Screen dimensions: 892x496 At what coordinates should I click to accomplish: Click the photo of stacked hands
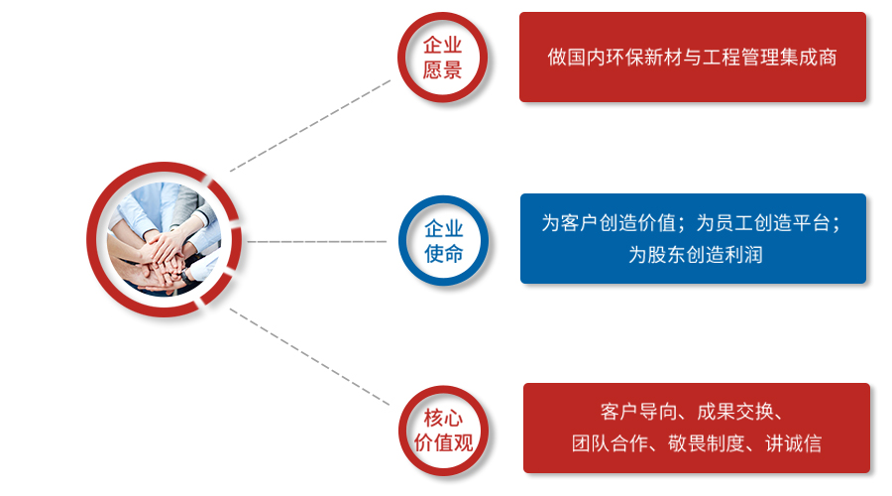pyautogui.click(x=164, y=239)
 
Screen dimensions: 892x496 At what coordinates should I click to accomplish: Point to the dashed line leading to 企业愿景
pyautogui.click(x=310, y=125)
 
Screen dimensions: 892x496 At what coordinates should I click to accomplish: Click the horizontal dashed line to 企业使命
pyautogui.click(x=317, y=241)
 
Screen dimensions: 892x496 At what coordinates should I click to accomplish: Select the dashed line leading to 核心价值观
pyautogui.click(x=310, y=357)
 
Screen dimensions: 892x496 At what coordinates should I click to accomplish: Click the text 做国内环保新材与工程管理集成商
pyautogui.click(x=693, y=58)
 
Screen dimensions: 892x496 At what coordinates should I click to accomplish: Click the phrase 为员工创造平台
pyautogui.click(x=763, y=222)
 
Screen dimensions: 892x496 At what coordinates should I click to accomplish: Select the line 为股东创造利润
pyautogui.click(x=695, y=255)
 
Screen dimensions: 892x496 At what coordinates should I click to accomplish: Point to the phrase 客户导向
pyautogui.click(x=638, y=411)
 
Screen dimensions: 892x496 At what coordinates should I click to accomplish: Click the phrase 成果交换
pyautogui.click(x=735, y=411)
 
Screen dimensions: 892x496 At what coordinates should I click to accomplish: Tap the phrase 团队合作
pyautogui.click(x=610, y=443)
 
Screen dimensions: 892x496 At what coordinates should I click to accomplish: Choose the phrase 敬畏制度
pyautogui.click(x=706, y=443)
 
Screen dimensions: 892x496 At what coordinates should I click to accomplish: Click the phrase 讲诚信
pyautogui.click(x=794, y=443)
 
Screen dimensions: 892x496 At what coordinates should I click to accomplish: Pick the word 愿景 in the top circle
pyautogui.click(x=443, y=70)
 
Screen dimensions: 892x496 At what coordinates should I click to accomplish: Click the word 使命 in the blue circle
pyautogui.click(x=444, y=253)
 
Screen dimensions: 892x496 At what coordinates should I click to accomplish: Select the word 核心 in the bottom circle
pyautogui.click(x=444, y=418)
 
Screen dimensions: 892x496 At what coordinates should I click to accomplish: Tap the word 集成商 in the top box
pyautogui.click(x=809, y=58)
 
